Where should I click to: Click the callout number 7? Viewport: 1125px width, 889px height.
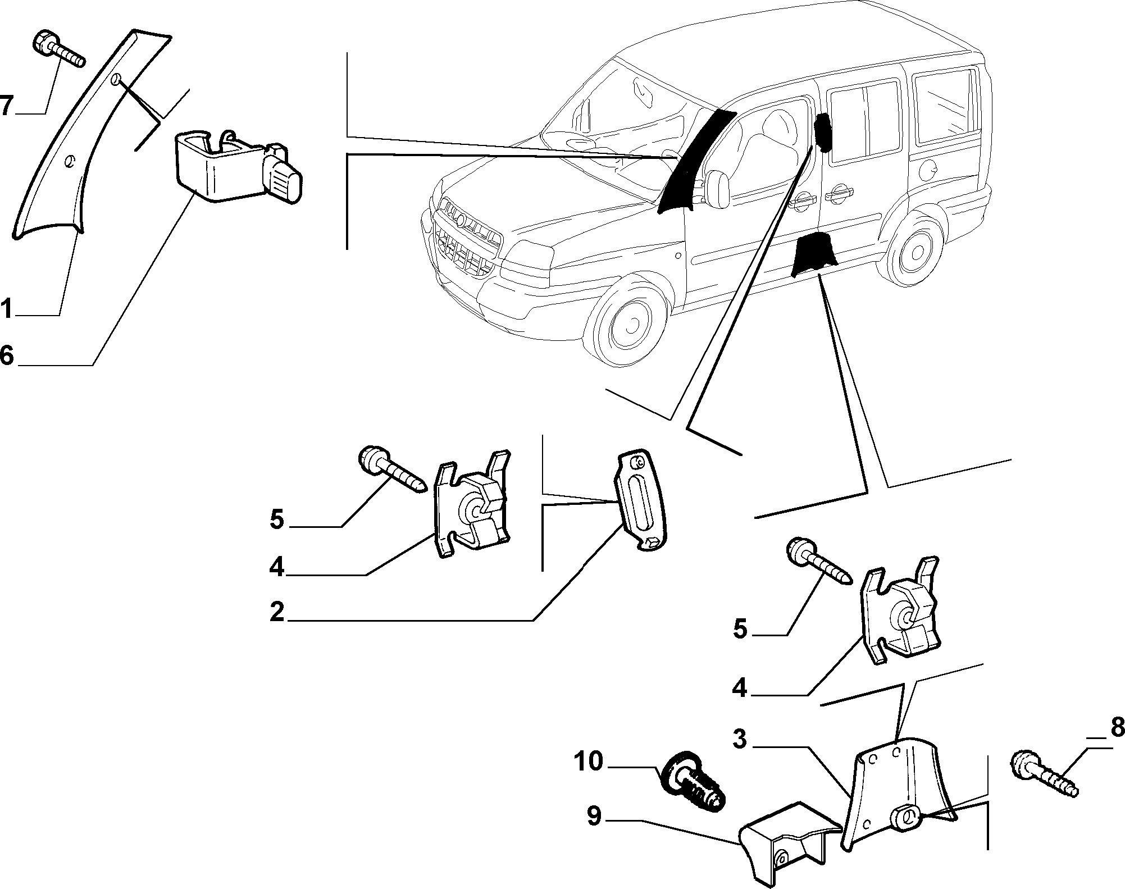tap(6, 106)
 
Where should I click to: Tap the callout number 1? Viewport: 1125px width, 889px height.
tap(6, 309)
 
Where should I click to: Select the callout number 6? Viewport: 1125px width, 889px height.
tap(7, 355)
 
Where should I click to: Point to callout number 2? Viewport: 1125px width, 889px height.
tap(277, 612)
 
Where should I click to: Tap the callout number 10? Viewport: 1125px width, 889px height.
tap(588, 762)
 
